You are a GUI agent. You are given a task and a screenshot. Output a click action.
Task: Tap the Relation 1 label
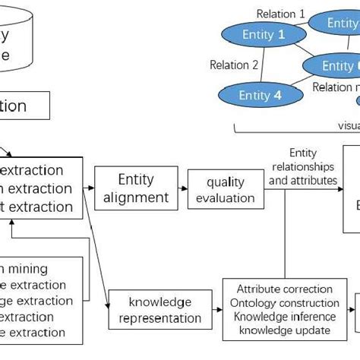tap(280, 13)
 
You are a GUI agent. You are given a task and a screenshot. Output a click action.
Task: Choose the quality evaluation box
tap(226, 190)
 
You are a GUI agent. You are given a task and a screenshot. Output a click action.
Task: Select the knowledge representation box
tap(159, 311)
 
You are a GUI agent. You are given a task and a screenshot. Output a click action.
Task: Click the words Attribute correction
tap(285, 289)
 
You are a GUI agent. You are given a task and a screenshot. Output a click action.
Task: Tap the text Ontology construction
tap(285, 303)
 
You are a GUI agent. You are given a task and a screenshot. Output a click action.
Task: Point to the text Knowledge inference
tap(285, 317)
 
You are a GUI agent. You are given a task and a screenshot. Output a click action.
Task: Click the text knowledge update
tap(285, 330)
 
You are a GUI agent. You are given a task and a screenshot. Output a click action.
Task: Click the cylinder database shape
tap(15, 38)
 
